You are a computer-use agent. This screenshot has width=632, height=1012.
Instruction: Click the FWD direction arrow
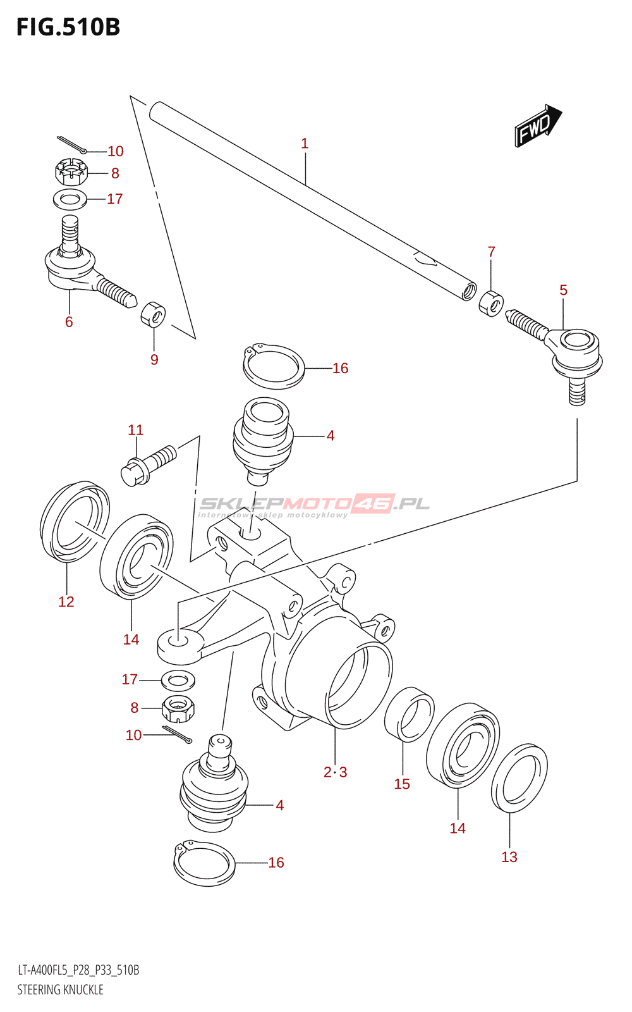coord(538,125)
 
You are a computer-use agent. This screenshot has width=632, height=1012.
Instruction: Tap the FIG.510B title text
coord(68,27)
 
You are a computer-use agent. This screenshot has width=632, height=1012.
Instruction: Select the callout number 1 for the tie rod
coord(305,144)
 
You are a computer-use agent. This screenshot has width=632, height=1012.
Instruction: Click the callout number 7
coord(492,252)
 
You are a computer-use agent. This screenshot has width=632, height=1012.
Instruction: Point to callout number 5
coord(563,290)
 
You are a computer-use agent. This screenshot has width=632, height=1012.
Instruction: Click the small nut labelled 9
coord(153,314)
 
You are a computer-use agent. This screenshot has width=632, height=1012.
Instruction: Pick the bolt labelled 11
coord(149,466)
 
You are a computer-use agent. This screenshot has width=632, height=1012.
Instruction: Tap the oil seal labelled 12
coord(75,522)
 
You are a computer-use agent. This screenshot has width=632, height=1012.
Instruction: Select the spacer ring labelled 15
coord(409,714)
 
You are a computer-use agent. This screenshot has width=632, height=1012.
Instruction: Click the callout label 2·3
coord(336,772)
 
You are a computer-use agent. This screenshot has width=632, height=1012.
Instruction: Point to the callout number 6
coord(69,322)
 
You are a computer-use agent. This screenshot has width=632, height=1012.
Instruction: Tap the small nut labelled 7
coord(491,304)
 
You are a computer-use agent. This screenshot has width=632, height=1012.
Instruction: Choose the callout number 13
coord(509,857)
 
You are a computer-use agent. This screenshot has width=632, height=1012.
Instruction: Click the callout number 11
coord(135,429)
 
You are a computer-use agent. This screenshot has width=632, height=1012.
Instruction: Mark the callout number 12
coord(66,602)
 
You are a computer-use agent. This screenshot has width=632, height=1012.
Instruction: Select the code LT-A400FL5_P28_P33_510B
coord(78,970)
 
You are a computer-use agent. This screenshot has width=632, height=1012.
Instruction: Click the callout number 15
coord(402,784)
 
